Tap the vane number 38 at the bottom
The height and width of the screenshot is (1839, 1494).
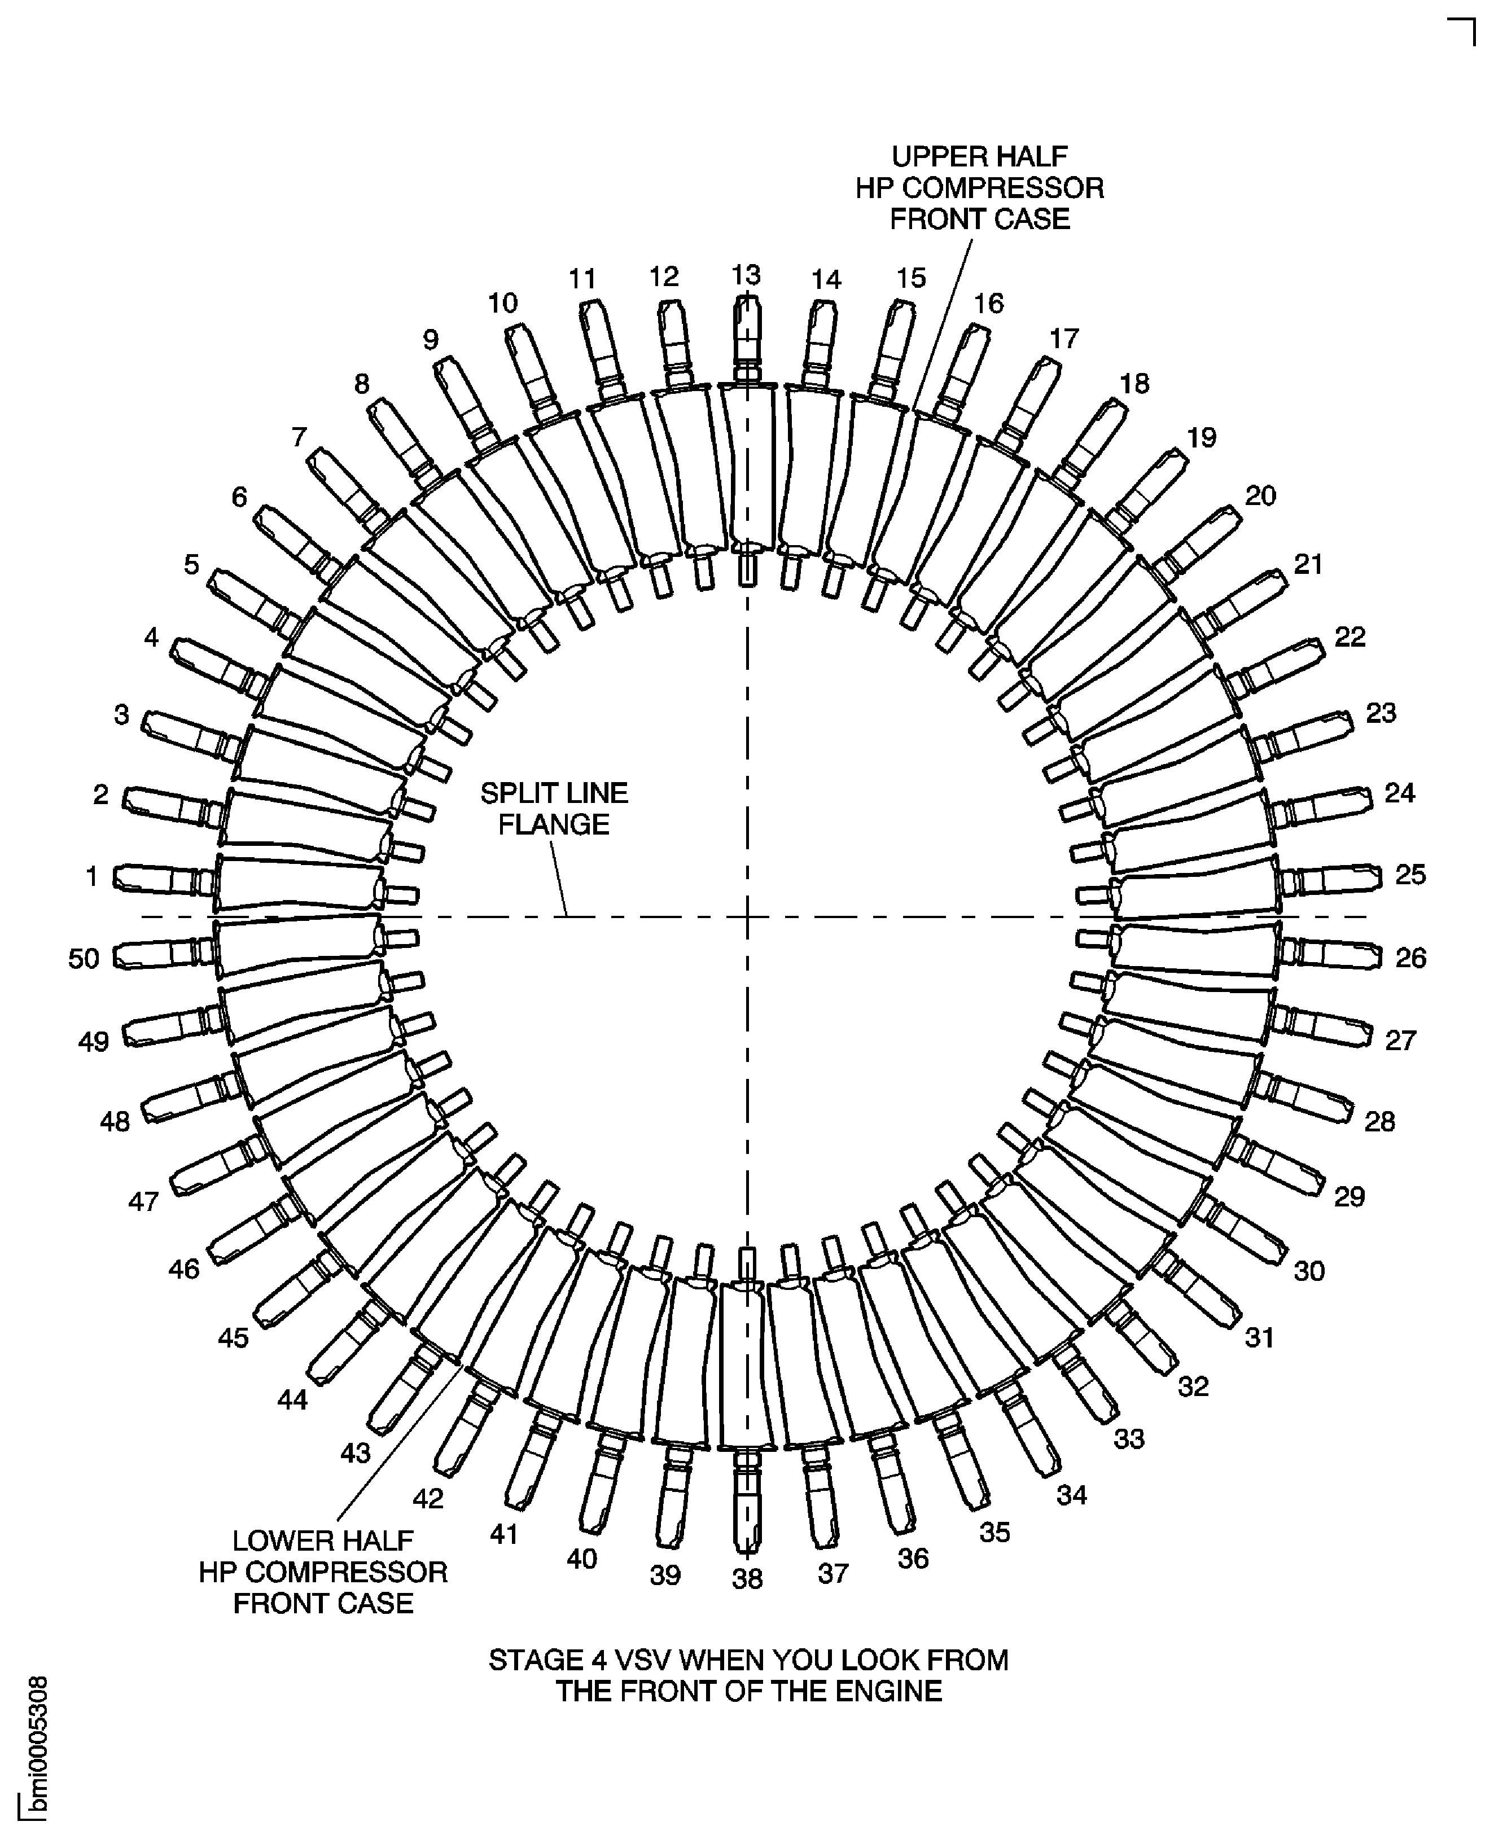coord(747,1578)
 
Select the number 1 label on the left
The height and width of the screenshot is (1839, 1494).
coord(92,876)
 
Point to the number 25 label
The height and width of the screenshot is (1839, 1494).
coord(1410,874)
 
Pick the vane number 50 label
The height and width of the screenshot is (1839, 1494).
coord(84,958)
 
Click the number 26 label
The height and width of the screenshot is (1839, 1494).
coord(1410,957)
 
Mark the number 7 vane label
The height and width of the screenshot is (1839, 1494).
coord(299,437)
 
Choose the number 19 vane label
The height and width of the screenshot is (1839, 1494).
coord(1202,437)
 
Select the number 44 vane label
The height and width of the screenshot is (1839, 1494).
coord(292,1400)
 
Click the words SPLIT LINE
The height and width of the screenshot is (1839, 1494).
coord(554,793)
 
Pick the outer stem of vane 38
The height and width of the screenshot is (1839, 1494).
coord(747,1501)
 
